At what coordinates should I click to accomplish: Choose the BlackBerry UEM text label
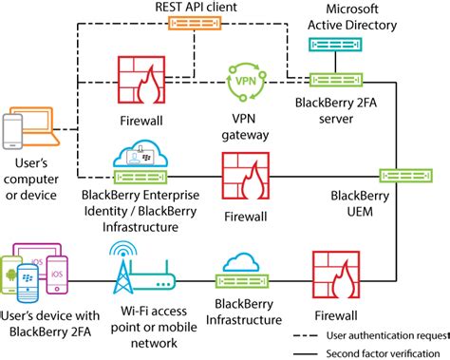tap(360, 203)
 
